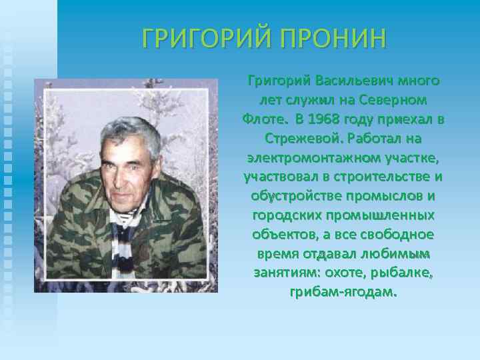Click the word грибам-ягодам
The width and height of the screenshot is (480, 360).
pos(343,293)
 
